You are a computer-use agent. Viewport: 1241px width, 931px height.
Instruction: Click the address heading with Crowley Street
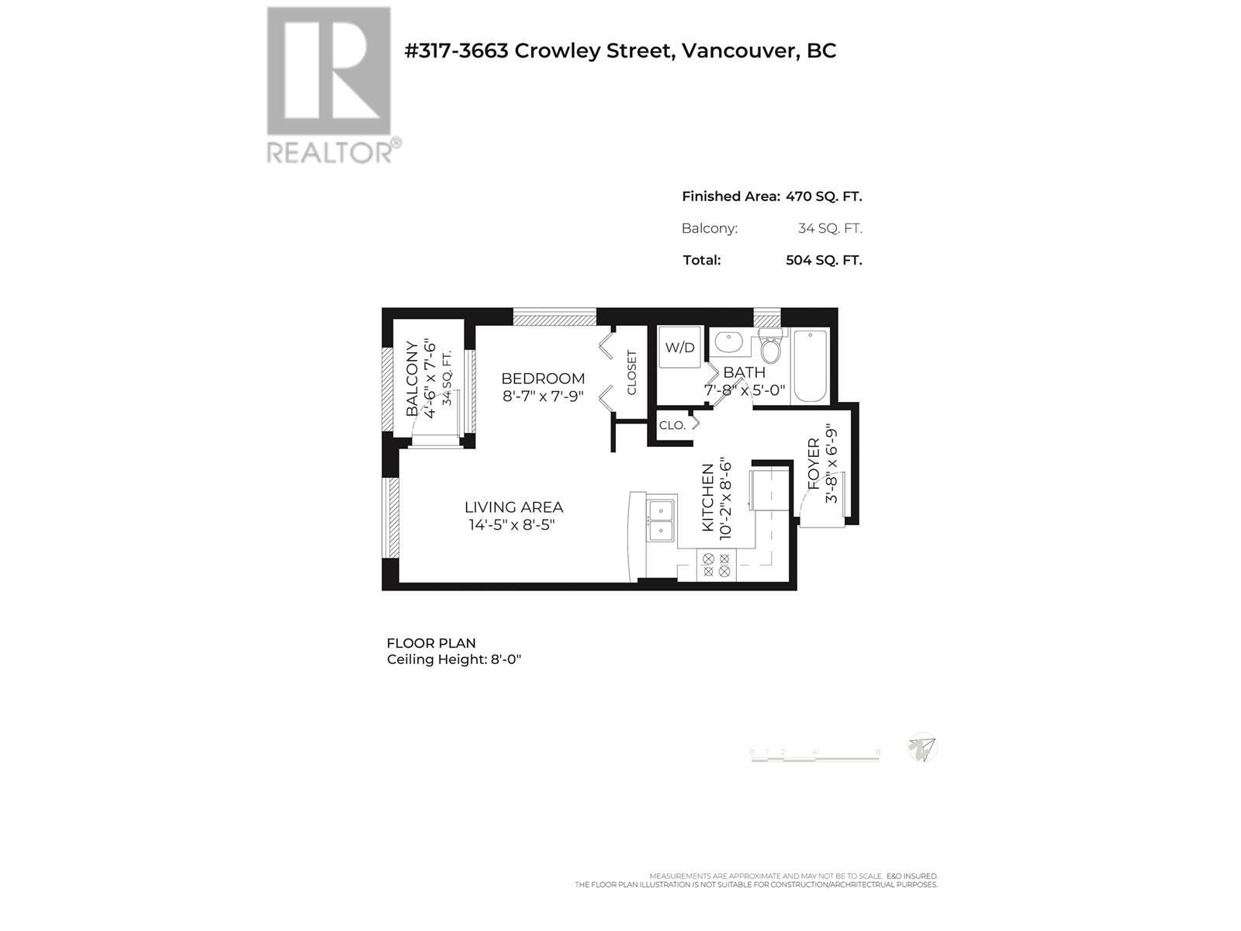click(620, 50)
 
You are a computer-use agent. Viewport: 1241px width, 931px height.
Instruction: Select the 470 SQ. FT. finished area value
click(824, 196)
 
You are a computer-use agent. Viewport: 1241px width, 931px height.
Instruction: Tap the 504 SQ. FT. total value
click(824, 260)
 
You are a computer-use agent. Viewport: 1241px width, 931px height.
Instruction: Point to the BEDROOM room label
click(543, 379)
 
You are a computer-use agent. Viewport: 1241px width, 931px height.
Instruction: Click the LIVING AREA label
click(513, 507)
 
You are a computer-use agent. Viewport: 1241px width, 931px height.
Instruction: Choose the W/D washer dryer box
click(680, 348)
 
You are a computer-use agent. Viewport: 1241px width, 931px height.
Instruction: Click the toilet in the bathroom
click(770, 348)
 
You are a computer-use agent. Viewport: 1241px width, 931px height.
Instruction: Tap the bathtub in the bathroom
click(811, 365)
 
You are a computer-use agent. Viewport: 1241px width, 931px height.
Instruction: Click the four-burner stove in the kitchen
click(715, 564)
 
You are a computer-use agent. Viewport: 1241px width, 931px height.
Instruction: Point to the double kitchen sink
click(661, 520)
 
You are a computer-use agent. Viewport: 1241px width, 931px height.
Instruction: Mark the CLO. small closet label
click(672, 425)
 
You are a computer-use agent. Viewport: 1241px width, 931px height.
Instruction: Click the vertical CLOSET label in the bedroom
click(631, 372)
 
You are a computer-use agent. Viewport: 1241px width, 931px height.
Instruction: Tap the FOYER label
click(814, 464)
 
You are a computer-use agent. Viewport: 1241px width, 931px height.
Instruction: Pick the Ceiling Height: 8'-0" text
click(454, 660)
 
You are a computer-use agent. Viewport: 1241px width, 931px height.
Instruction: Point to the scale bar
click(815, 757)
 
